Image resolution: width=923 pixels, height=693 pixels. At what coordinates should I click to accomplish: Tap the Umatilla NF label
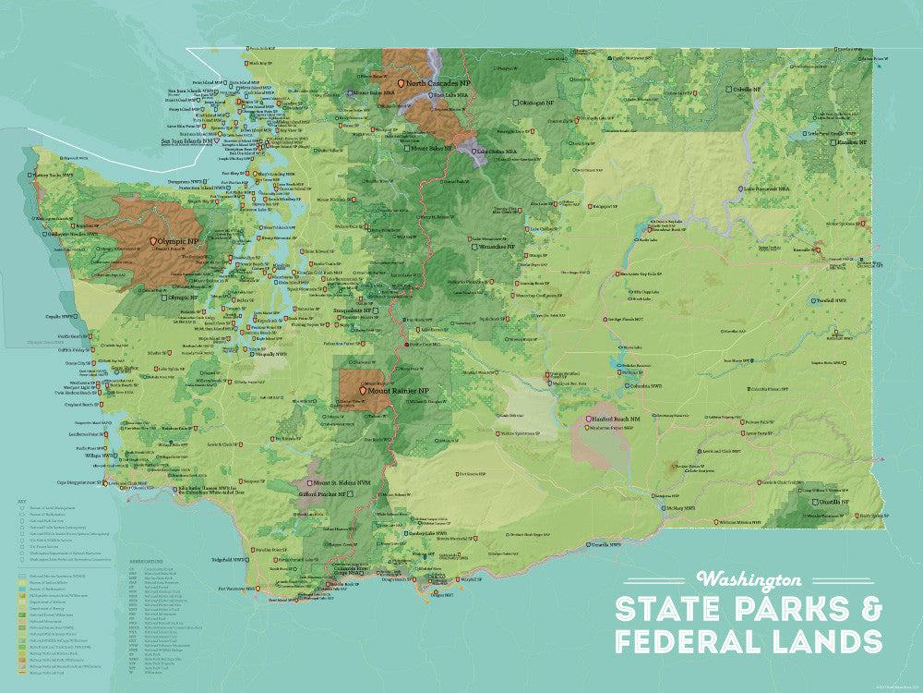pyautogui.click(x=845, y=500)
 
